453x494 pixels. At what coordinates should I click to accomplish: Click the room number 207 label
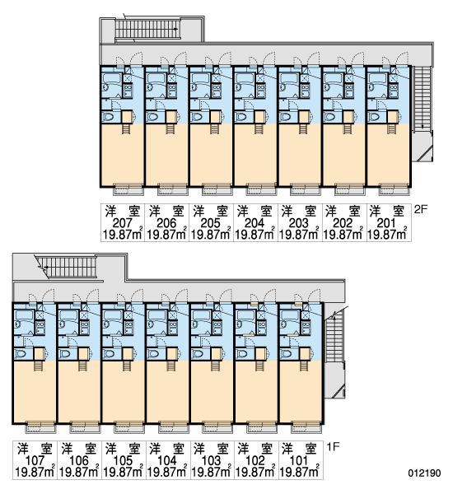point(123,223)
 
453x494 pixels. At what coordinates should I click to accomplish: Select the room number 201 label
point(386,223)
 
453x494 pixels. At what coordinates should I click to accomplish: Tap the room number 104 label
point(166,460)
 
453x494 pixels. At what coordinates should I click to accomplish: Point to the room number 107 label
point(35,460)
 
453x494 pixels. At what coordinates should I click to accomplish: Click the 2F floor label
point(421,209)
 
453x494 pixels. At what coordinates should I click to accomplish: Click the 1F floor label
point(333,446)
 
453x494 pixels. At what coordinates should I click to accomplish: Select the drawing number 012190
point(425,473)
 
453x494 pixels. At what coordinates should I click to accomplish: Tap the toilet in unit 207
point(109,117)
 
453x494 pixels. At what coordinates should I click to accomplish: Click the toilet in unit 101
point(286,354)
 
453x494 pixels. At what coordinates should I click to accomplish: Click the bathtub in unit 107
point(23,315)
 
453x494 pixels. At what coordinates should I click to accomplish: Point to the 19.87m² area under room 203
point(299,235)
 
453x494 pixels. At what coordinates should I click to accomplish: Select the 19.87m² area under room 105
point(123,472)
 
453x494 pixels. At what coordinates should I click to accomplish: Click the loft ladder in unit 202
point(348,129)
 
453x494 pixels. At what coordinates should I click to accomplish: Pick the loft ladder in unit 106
point(83,366)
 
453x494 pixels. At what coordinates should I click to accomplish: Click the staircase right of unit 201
point(422,99)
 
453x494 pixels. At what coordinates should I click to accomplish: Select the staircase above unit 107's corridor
point(68,267)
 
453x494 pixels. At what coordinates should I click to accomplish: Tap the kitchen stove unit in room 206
point(172,91)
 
